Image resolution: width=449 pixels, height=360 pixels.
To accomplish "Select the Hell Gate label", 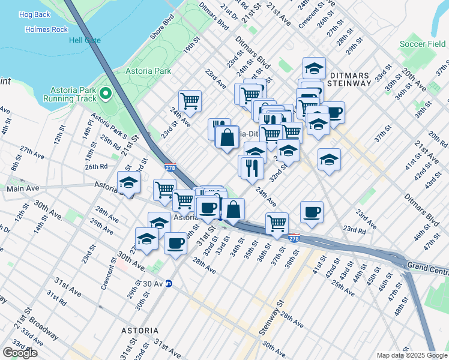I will [84, 40].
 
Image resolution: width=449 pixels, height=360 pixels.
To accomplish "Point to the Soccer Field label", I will [423, 44].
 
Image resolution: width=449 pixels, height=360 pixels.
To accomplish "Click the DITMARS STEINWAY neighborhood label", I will [351, 79].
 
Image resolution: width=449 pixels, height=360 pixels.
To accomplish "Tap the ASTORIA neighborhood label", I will [140, 331].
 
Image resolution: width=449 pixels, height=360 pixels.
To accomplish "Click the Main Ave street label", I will [23, 188].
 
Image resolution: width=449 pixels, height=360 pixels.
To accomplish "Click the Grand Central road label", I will [427, 265].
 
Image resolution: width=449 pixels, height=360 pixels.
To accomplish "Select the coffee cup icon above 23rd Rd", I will [311, 212].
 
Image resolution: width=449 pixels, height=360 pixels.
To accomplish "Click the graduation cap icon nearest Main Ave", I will [128, 181].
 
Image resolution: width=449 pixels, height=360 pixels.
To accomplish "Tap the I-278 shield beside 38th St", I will [294, 238].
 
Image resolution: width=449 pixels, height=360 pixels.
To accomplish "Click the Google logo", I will [20, 352].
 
